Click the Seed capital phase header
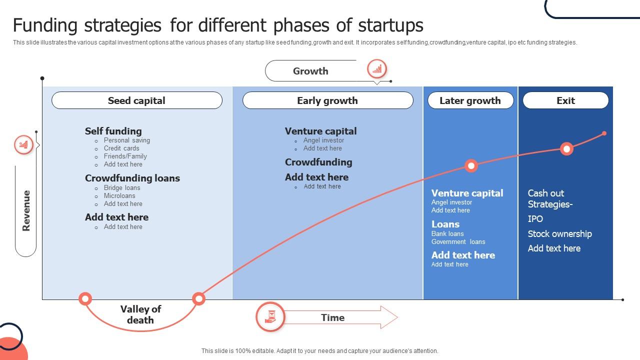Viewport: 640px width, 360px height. click(136, 100)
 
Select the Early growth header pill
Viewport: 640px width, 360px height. click(327, 100)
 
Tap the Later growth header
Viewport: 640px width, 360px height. click(470, 100)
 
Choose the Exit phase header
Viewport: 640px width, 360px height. click(565, 100)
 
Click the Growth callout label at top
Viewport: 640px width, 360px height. click(310, 71)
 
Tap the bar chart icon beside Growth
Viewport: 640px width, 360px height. click(377, 69)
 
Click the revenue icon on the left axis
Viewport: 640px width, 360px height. click(23, 145)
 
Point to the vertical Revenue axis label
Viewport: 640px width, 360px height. click(26, 210)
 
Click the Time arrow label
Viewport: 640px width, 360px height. click(332, 317)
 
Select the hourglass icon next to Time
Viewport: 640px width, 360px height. click(270, 317)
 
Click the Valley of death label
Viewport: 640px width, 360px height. click(140, 314)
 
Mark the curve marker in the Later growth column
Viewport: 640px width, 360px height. click(471, 166)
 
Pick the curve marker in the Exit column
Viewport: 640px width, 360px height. click(566, 148)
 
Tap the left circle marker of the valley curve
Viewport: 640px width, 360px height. click(85, 299)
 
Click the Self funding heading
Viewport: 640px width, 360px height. click(113, 131)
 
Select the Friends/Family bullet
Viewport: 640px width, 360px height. click(125, 156)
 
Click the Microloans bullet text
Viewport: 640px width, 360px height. click(119, 195)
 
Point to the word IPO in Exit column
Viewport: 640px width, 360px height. click(535, 218)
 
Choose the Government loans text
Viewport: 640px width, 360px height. click(458, 241)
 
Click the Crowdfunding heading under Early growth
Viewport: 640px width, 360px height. click(318, 162)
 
